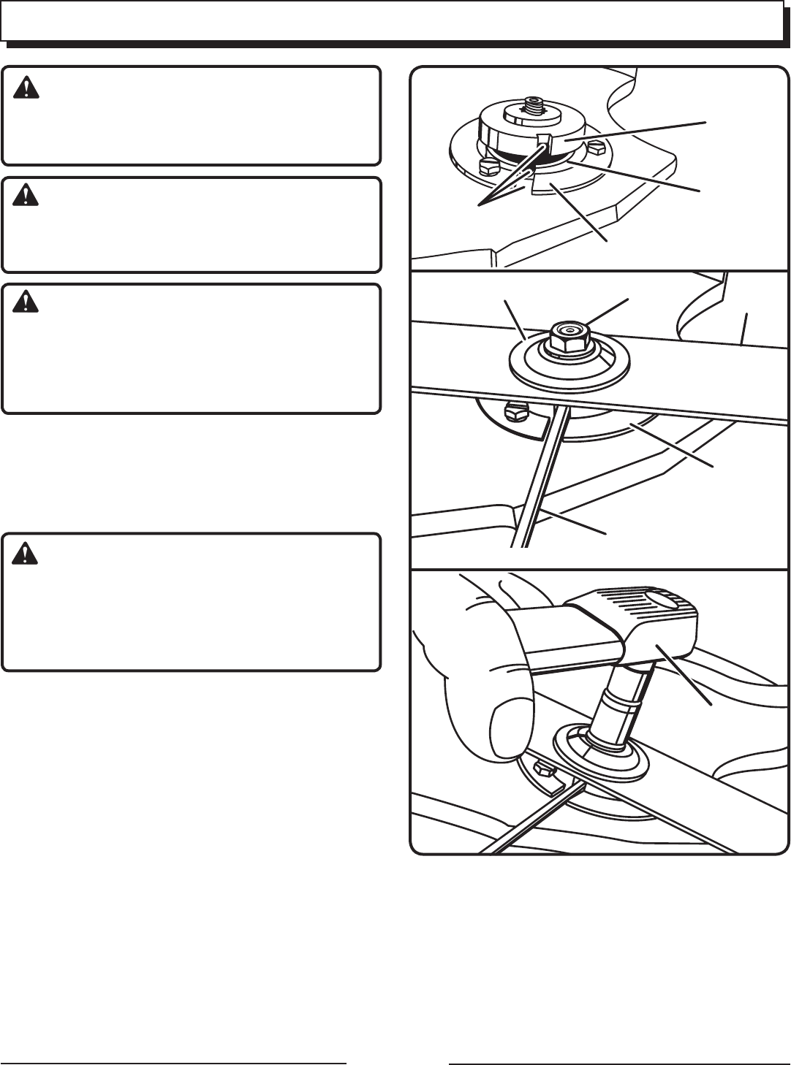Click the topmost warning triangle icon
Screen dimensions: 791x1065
(26, 88)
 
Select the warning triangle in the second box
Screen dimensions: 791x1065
(26, 196)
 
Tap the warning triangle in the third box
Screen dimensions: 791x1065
(26, 302)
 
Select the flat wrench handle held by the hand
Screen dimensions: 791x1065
(570, 635)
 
